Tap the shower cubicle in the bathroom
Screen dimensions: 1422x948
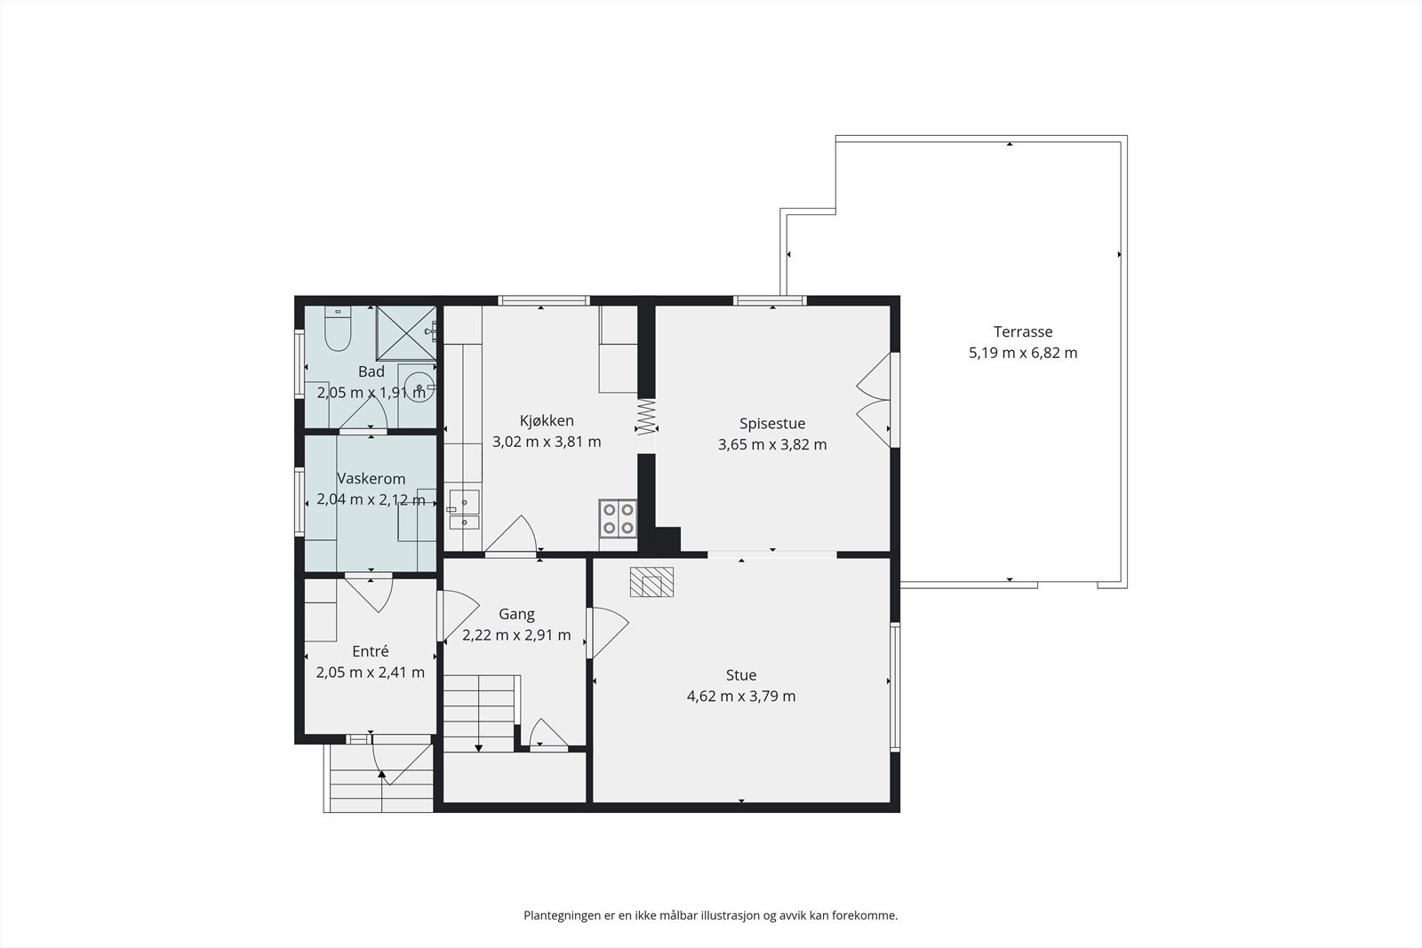pos(406,333)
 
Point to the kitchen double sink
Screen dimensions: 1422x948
pos(464,509)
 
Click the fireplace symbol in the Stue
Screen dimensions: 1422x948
pos(651,582)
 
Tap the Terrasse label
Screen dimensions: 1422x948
pos(1023,331)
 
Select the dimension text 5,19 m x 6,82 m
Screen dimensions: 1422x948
pos(1023,353)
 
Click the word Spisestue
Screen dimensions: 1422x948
pos(772,423)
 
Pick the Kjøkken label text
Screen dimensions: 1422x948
pos(547,421)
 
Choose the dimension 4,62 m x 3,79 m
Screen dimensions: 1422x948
pos(741,696)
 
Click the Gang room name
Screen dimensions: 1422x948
pos(516,614)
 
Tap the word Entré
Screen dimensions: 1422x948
pos(370,651)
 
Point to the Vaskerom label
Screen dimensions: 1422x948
pos(371,478)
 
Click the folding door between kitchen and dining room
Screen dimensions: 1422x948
pos(646,417)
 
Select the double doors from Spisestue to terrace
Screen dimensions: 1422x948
pos(875,401)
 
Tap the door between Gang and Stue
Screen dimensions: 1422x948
pos(606,633)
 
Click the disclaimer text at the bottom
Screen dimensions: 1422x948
pos(710,916)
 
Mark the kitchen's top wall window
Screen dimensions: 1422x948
pos(543,301)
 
